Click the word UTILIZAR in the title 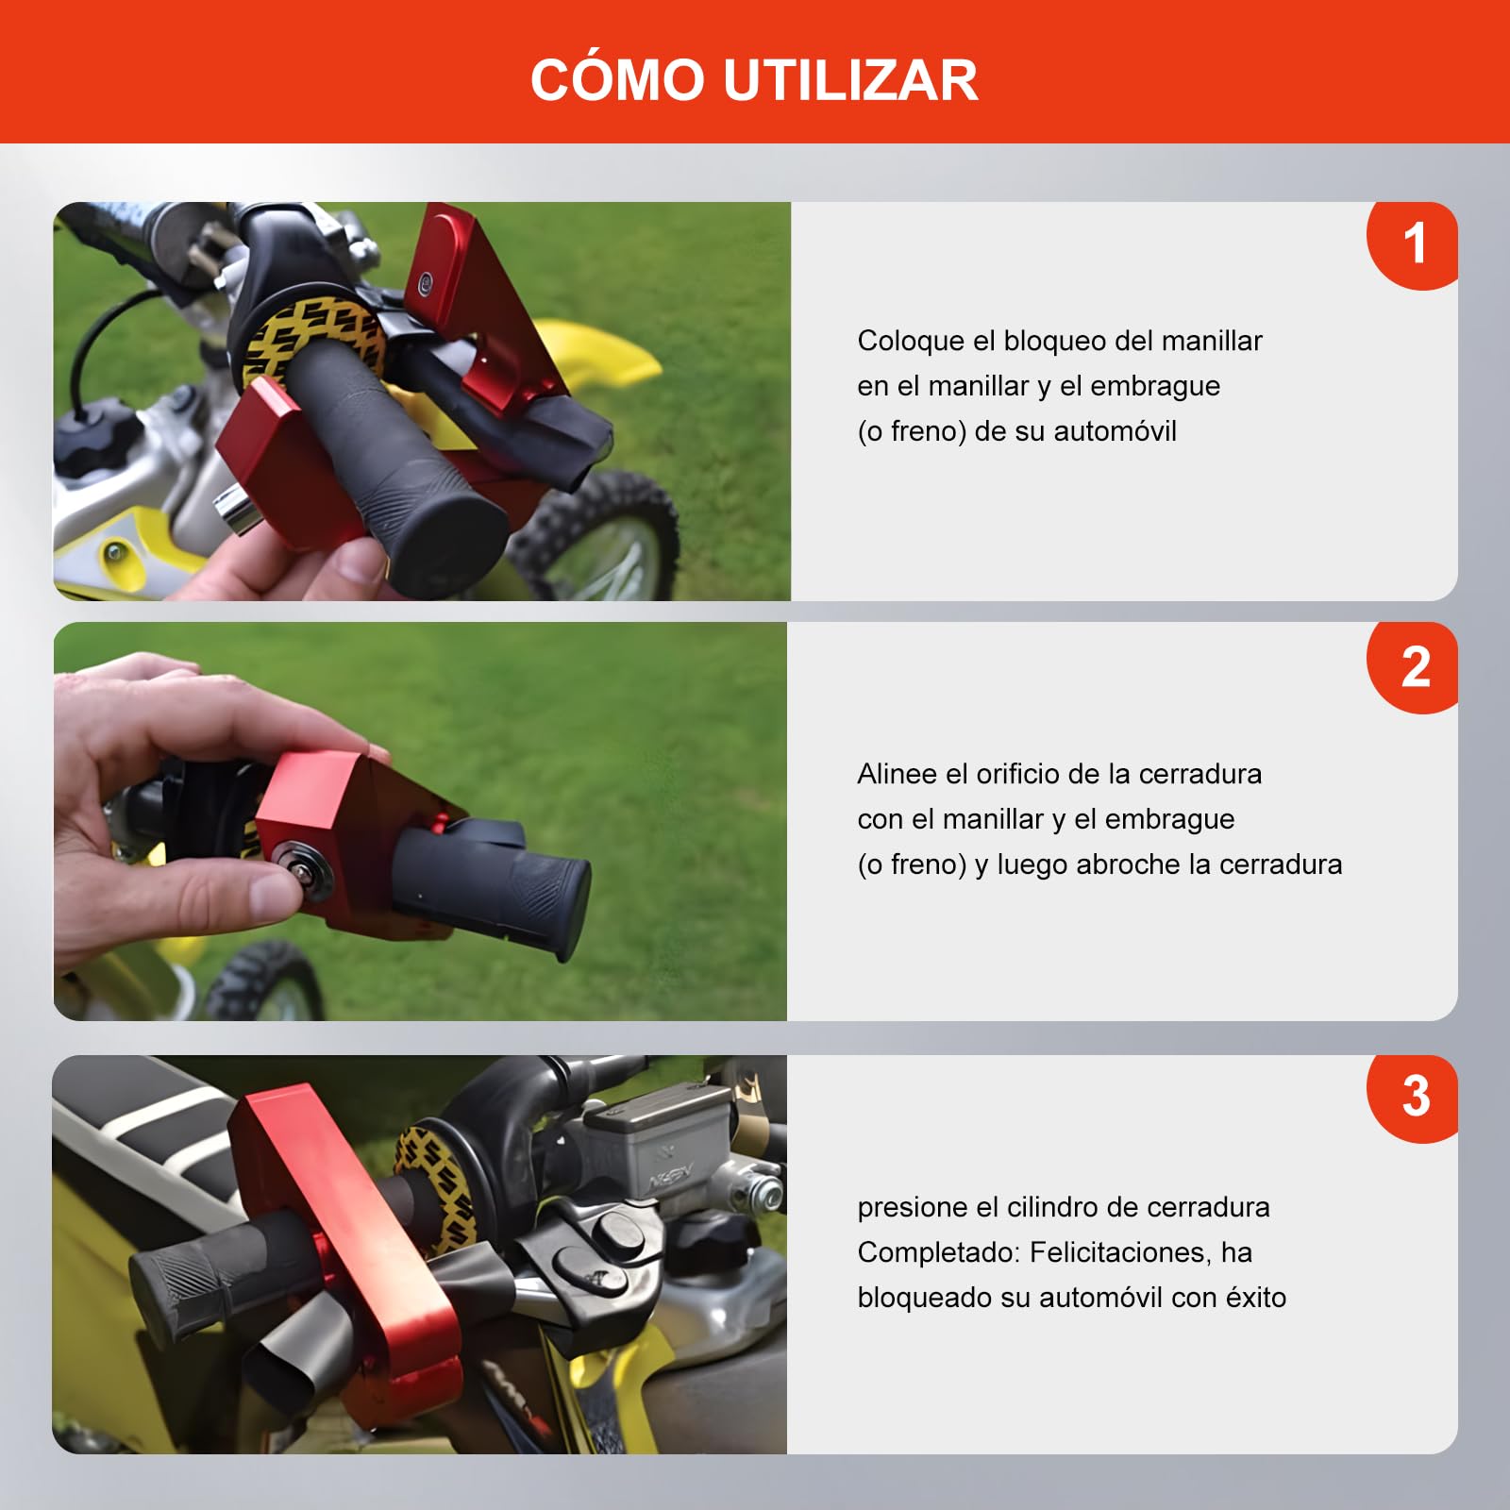(x=850, y=79)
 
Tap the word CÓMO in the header (x=617, y=79)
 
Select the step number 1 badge (x=1413, y=244)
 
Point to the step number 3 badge (x=1414, y=1097)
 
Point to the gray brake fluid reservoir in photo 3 (x=661, y=1151)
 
